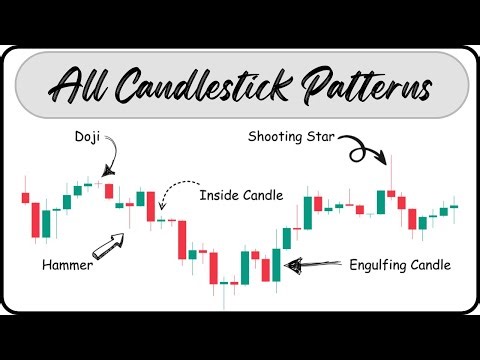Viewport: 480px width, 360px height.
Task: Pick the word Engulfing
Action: (x=382, y=266)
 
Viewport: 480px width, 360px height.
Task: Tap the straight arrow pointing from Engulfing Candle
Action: (x=314, y=266)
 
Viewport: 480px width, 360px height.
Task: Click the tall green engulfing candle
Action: (x=275, y=264)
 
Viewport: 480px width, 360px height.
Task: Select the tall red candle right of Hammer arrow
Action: (x=182, y=239)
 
